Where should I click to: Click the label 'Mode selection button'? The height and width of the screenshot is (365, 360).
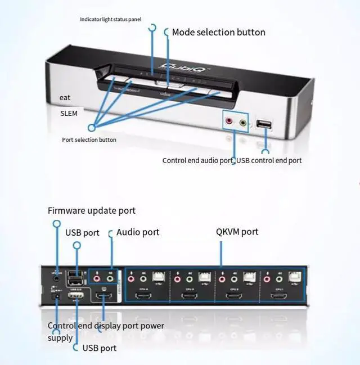(x=218, y=32)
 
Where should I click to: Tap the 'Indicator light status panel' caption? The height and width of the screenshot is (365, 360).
(x=110, y=19)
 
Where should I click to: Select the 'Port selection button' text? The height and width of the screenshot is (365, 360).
(x=89, y=139)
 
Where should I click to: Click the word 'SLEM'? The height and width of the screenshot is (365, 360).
(x=69, y=113)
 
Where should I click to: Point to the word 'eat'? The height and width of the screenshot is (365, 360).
(x=65, y=97)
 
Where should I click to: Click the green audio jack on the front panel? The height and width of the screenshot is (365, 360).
(x=243, y=121)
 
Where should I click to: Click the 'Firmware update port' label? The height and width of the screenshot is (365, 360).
(x=92, y=211)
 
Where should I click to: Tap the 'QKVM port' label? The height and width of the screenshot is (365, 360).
(x=237, y=231)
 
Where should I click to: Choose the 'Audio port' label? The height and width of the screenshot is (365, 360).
(x=138, y=232)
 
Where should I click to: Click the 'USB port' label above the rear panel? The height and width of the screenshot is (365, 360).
(x=82, y=232)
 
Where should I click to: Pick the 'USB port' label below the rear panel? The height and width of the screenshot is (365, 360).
(x=100, y=348)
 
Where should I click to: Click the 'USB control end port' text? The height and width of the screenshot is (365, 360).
(x=269, y=160)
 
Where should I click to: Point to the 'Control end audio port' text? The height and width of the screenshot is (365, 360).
(x=197, y=160)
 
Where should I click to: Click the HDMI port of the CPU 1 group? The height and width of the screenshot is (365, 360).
(x=279, y=295)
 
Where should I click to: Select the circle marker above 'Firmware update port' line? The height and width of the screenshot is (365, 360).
(x=56, y=223)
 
